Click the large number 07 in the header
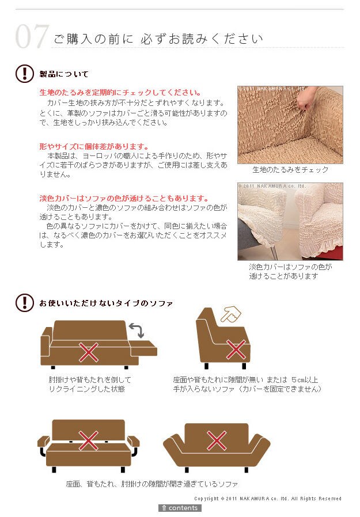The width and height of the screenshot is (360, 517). pos(32,36)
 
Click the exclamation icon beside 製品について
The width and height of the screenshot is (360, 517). pos(24,73)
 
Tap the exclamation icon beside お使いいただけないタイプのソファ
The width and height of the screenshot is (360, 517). pos(24,303)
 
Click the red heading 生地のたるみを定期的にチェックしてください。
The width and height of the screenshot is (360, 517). pos(120,92)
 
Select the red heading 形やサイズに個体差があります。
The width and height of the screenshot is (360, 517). pos(94,146)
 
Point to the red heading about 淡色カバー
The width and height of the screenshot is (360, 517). pos(124,199)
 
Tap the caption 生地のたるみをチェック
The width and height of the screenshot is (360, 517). pos(290,169)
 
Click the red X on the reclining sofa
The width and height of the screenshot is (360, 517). pos(89,352)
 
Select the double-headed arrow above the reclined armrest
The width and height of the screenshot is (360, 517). pos(137,330)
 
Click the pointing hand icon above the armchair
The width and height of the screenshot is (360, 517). pos(230,314)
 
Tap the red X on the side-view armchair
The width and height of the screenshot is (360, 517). pos(236,349)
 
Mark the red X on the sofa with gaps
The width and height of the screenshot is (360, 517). pos(89,440)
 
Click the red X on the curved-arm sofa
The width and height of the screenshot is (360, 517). pos(217,440)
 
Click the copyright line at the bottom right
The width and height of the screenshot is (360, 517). pos(268,499)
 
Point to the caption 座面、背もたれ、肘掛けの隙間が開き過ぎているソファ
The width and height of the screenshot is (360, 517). pos(152,484)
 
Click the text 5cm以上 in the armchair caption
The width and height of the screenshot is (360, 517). pos(305,380)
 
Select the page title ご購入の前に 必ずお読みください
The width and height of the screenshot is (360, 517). pos(158,39)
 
